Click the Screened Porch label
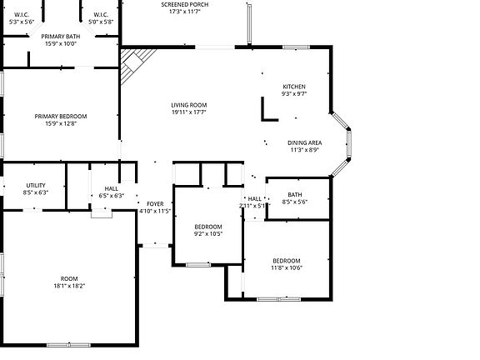(184, 5)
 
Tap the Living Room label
(189, 105)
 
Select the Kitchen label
(294, 87)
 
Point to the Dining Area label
(305, 142)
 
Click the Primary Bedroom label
(60, 116)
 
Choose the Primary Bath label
(61, 37)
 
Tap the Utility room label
(36, 185)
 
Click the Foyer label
(155, 203)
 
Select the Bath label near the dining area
(295, 194)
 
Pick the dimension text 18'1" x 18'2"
(68, 286)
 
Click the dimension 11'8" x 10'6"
(286, 268)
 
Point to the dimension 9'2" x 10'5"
(208, 234)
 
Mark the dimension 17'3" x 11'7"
(184, 12)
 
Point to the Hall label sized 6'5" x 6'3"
(111, 188)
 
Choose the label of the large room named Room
(68, 278)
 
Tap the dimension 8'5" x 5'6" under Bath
(295, 202)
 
